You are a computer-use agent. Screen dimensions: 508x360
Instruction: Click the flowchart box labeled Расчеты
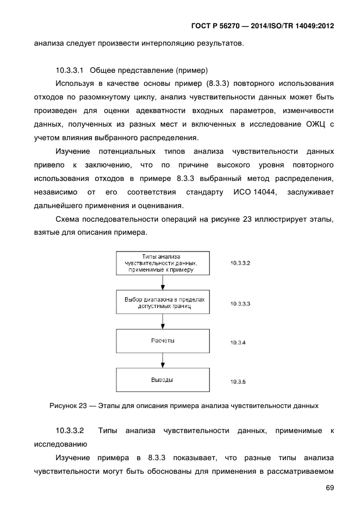click(x=163, y=341)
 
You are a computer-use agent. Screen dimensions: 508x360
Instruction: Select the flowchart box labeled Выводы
click(x=163, y=380)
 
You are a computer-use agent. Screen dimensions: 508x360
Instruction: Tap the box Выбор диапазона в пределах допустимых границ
click(x=163, y=303)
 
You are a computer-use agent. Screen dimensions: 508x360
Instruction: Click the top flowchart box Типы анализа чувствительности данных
click(x=163, y=264)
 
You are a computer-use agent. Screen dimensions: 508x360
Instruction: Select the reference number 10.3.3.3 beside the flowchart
click(x=240, y=303)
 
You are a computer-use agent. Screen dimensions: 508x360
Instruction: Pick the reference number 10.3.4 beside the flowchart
click(x=238, y=343)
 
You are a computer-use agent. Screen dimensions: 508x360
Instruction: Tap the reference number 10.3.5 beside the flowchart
click(x=238, y=382)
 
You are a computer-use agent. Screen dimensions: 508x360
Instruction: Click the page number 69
click(x=330, y=488)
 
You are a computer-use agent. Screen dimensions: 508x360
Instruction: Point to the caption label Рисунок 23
click(x=68, y=405)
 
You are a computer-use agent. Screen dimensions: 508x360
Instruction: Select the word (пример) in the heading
click(x=189, y=70)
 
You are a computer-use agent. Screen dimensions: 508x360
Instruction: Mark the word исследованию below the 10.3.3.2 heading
click(x=57, y=444)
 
